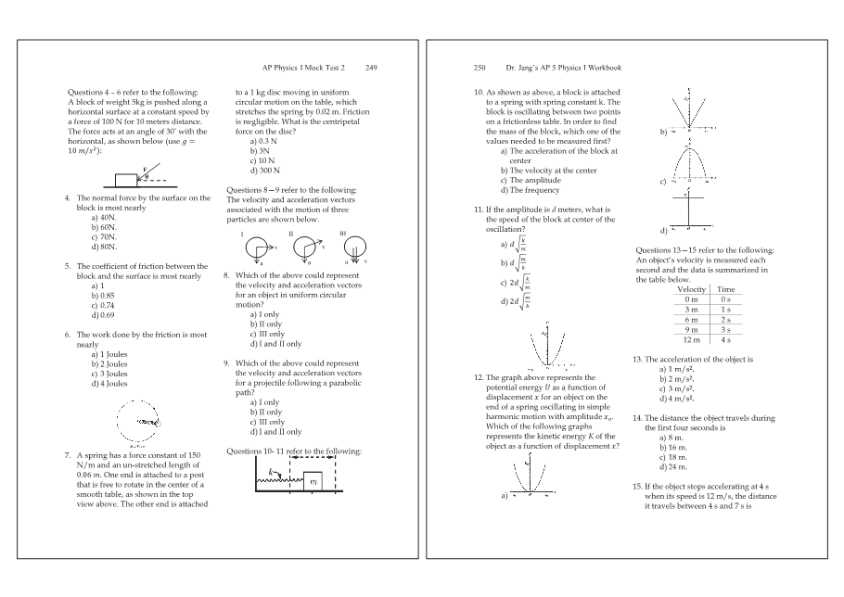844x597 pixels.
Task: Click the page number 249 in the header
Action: point(371,68)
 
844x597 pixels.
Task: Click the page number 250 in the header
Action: point(480,68)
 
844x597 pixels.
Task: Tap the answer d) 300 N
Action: point(266,171)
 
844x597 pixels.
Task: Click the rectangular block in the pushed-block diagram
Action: point(125,179)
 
